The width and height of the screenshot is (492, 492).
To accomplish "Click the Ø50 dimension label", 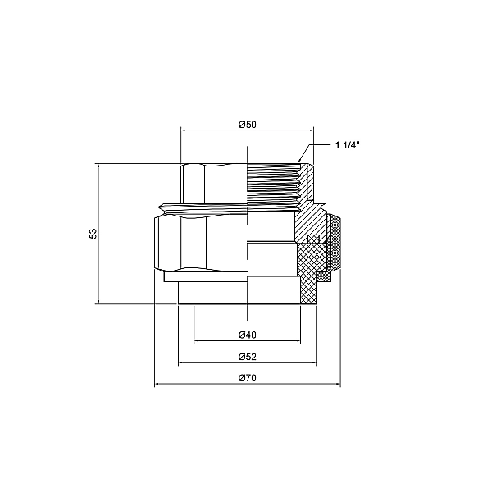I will pos(247,124).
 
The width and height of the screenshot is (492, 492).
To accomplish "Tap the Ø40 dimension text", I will pos(247,335).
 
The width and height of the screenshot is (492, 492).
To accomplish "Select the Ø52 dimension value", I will pos(247,357).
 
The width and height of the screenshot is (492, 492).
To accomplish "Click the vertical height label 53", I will pos(93,234).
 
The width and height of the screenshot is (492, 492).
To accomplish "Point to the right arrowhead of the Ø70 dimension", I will pos(337,384).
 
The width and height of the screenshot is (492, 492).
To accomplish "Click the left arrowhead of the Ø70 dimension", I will pos(157,384).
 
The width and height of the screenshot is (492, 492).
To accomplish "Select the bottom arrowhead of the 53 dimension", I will pos(98,301).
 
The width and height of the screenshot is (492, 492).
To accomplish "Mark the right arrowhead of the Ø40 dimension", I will pos(298,341).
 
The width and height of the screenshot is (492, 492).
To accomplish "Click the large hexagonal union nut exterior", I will pos(189,242).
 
